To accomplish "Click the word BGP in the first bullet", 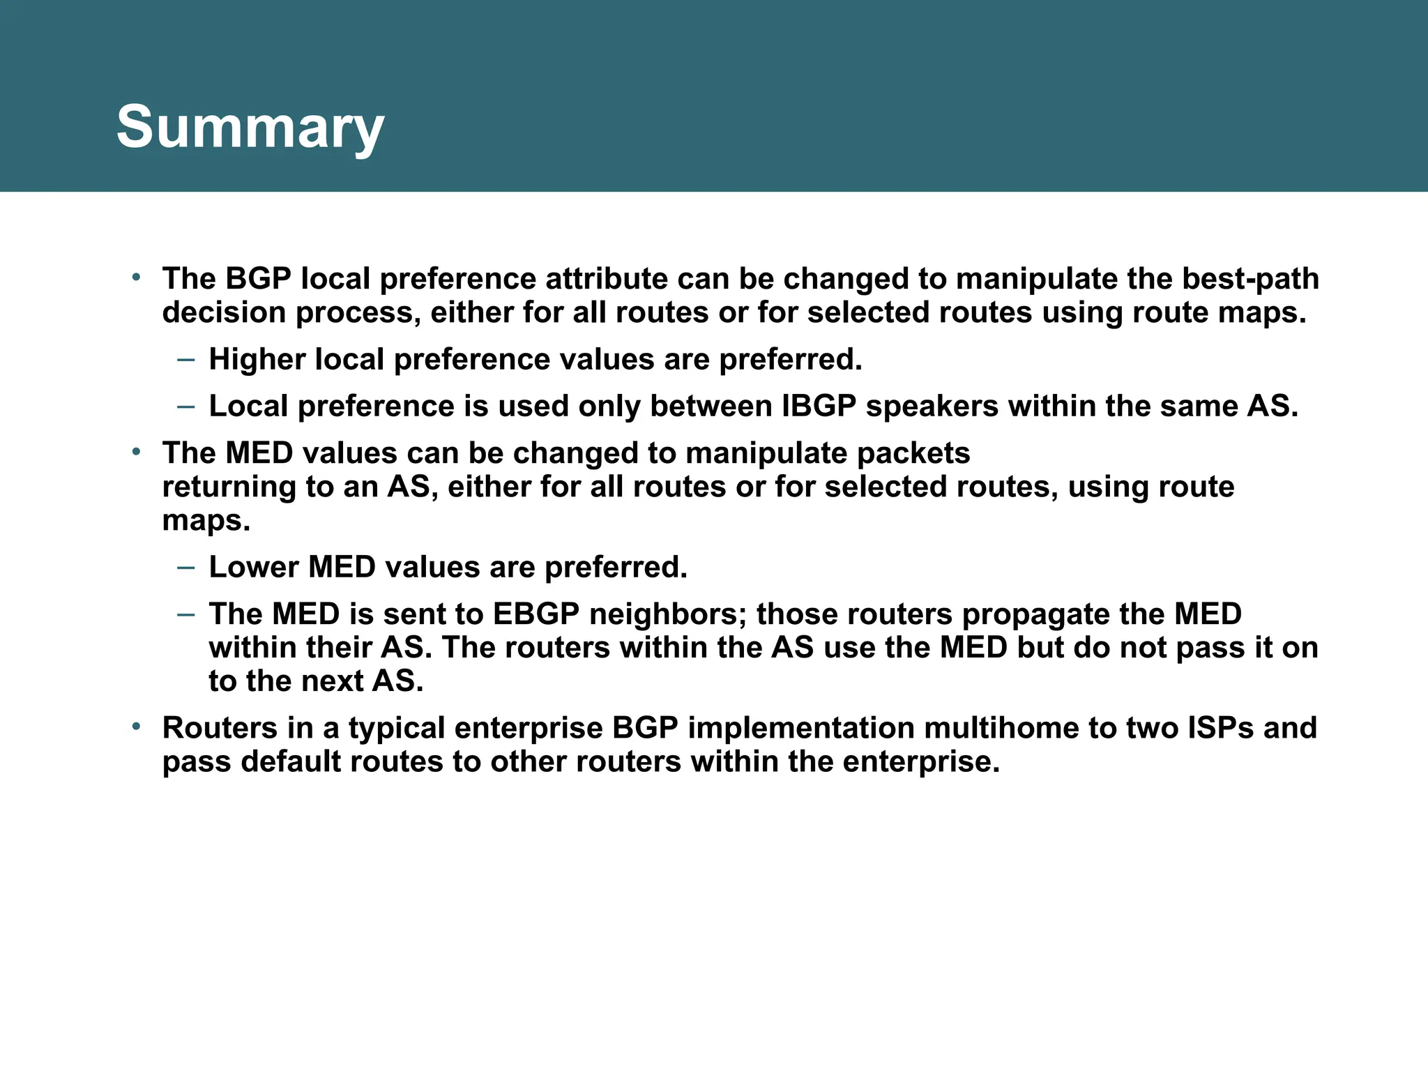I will click(257, 279).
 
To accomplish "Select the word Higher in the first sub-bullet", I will click(257, 360).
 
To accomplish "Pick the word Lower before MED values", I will click(254, 567).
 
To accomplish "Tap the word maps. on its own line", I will click(206, 520).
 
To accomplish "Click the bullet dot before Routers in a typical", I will click(137, 727).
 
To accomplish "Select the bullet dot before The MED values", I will click(137, 453).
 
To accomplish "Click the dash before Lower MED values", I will click(186, 567).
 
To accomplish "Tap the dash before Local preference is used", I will click(186, 406).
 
